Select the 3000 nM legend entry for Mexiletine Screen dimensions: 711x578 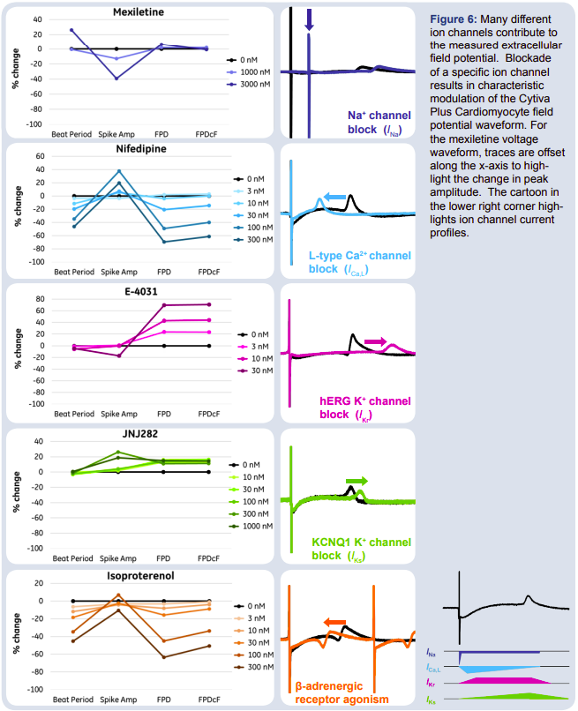pyautogui.click(x=251, y=86)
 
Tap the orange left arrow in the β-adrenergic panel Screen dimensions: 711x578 pyautogui.click(x=334, y=622)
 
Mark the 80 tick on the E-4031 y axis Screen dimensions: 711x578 pyautogui.click(x=40, y=299)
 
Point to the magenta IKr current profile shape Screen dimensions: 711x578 pyautogui.click(x=499, y=681)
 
